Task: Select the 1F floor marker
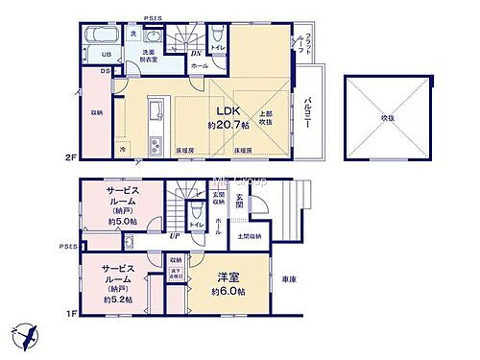pyautogui.click(x=69, y=311)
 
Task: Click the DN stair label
pyautogui.click(x=196, y=53)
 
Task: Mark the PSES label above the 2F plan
pyautogui.click(x=153, y=19)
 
